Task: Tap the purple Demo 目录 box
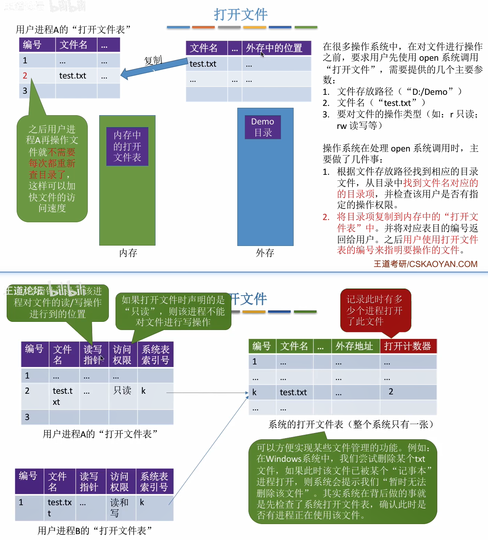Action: [263, 127]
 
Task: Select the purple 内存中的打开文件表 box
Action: [127, 146]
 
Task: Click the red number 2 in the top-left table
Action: [25, 76]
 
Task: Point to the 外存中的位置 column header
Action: [274, 48]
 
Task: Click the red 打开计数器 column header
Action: [408, 346]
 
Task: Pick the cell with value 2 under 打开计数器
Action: [391, 392]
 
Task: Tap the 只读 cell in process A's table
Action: [122, 391]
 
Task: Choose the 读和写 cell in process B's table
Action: [119, 507]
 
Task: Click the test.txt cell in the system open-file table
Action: [293, 392]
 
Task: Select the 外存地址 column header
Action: [354, 346]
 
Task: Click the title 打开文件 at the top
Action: [241, 14]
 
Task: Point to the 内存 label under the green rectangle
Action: [128, 253]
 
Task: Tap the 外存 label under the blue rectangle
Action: [265, 253]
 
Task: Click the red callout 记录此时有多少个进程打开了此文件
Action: [375, 310]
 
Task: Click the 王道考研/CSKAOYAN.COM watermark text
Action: [425, 264]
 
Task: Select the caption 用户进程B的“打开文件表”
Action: [95, 531]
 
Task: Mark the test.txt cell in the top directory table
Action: [203, 64]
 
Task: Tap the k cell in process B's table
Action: [142, 502]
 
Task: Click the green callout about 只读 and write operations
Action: [173, 311]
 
